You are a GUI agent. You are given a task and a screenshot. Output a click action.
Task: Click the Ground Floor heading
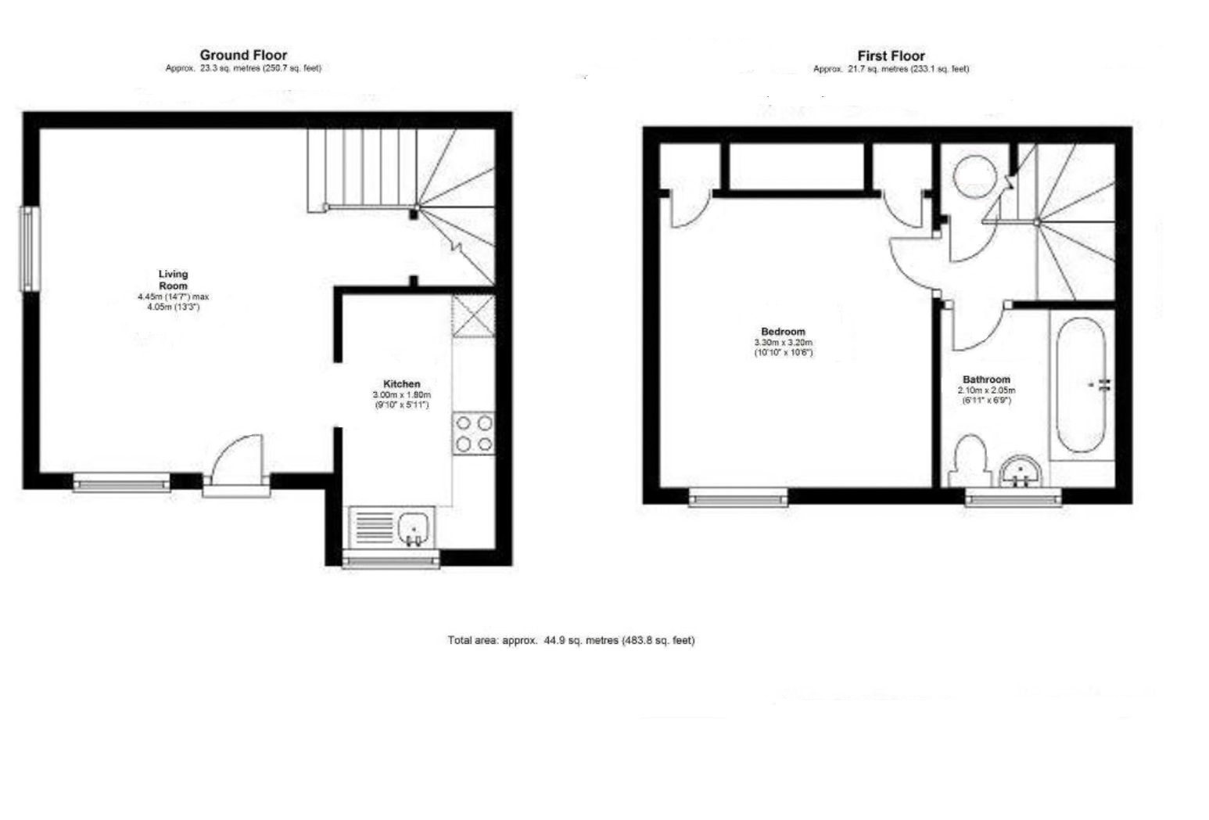point(243,55)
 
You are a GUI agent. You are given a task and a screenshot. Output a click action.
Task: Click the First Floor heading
point(891,56)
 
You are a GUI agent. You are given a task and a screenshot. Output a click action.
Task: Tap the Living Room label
point(173,279)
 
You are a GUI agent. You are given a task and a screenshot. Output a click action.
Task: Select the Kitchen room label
point(401,383)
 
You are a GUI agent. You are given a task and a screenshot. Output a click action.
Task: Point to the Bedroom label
point(783,332)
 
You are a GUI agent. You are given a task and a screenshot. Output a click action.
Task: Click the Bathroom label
point(986,379)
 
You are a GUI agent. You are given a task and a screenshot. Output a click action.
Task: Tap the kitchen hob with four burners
point(474,433)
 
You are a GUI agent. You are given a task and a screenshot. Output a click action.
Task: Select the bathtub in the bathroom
point(1081,384)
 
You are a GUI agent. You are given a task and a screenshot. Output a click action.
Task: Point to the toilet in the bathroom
point(970,460)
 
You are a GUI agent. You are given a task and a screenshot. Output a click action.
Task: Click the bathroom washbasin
point(1021,472)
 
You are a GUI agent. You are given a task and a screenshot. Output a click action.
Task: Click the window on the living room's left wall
point(30,248)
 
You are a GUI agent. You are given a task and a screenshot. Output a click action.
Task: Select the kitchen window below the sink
point(391,559)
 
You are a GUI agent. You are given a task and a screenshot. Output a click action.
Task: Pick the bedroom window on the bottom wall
point(738,497)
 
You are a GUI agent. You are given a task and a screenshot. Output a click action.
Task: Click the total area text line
point(571,640)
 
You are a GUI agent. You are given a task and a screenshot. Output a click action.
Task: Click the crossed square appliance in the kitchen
point(474,315)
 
